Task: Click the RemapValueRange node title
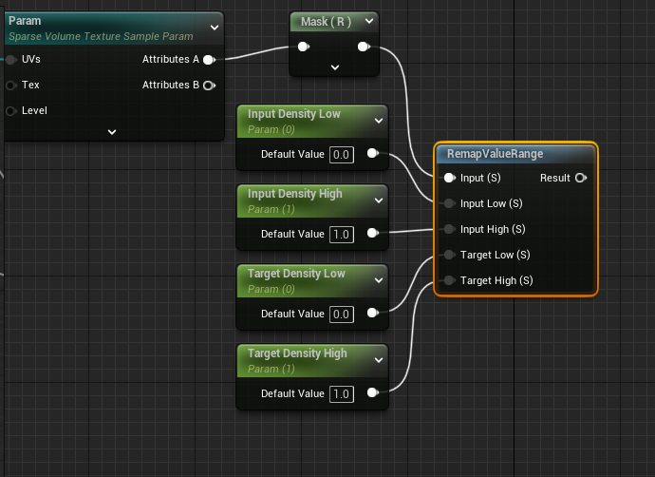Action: coord(495,154)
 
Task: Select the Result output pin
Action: coord(580,178)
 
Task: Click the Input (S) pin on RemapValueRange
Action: coord(449,178)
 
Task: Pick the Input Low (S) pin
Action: coord(449,203)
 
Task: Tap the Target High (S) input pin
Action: coord(449,280)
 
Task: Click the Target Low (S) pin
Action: coord(449,255)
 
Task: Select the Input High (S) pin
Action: coord(449,229)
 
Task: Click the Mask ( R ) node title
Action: coord(326,21)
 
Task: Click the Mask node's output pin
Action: coord(364,47)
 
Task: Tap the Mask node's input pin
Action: coord(303,47)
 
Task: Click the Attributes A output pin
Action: coord(208,59)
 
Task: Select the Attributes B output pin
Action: coord(208,85)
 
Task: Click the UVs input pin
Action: coord(10,59)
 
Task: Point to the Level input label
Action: coord(34,110)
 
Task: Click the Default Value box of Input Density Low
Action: coord(342,154)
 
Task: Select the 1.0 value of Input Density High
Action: coord(342,234)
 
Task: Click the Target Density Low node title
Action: coord(295,274)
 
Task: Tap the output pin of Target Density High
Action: coord(371,393)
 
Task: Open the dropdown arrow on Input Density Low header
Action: coord(379,120)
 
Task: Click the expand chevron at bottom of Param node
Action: coord(112,131)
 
